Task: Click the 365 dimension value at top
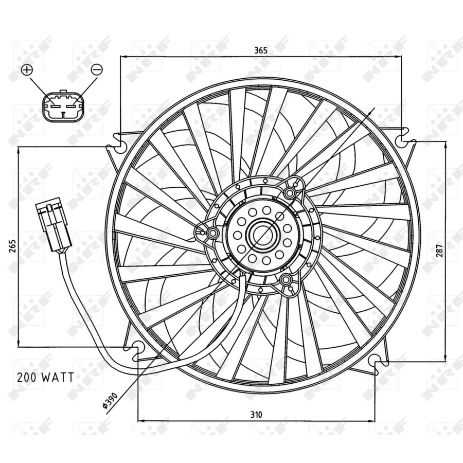(261, 50)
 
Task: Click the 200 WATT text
(45, 377)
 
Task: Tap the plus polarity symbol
(27, 69)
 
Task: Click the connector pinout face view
(62, 105)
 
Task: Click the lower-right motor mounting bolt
(286, 280)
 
